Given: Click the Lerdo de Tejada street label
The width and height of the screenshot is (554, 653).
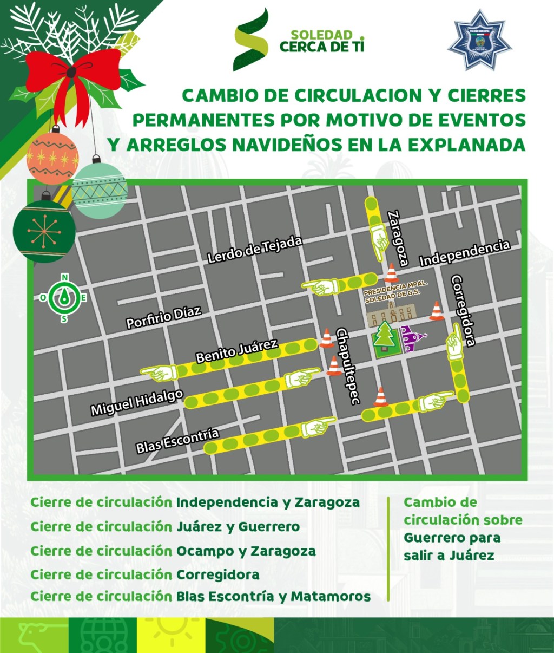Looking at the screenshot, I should [255, 250].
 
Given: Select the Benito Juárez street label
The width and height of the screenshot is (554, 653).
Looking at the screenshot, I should [236, 351].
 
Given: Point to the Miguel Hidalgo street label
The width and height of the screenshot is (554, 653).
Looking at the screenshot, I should [136, 402].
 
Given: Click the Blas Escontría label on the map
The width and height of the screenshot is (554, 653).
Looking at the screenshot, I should [177, 440].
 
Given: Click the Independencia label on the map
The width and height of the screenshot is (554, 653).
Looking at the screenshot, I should [465, 252].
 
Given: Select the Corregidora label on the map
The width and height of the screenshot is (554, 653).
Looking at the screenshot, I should [464, 310].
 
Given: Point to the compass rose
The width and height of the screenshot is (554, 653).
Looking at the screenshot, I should [64, 297].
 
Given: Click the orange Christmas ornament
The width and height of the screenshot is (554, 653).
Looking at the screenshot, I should [52, 157].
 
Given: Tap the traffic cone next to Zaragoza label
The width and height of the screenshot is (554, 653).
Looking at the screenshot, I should [391, 273].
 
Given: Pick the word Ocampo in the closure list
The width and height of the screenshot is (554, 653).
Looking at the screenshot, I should [205, 551].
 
